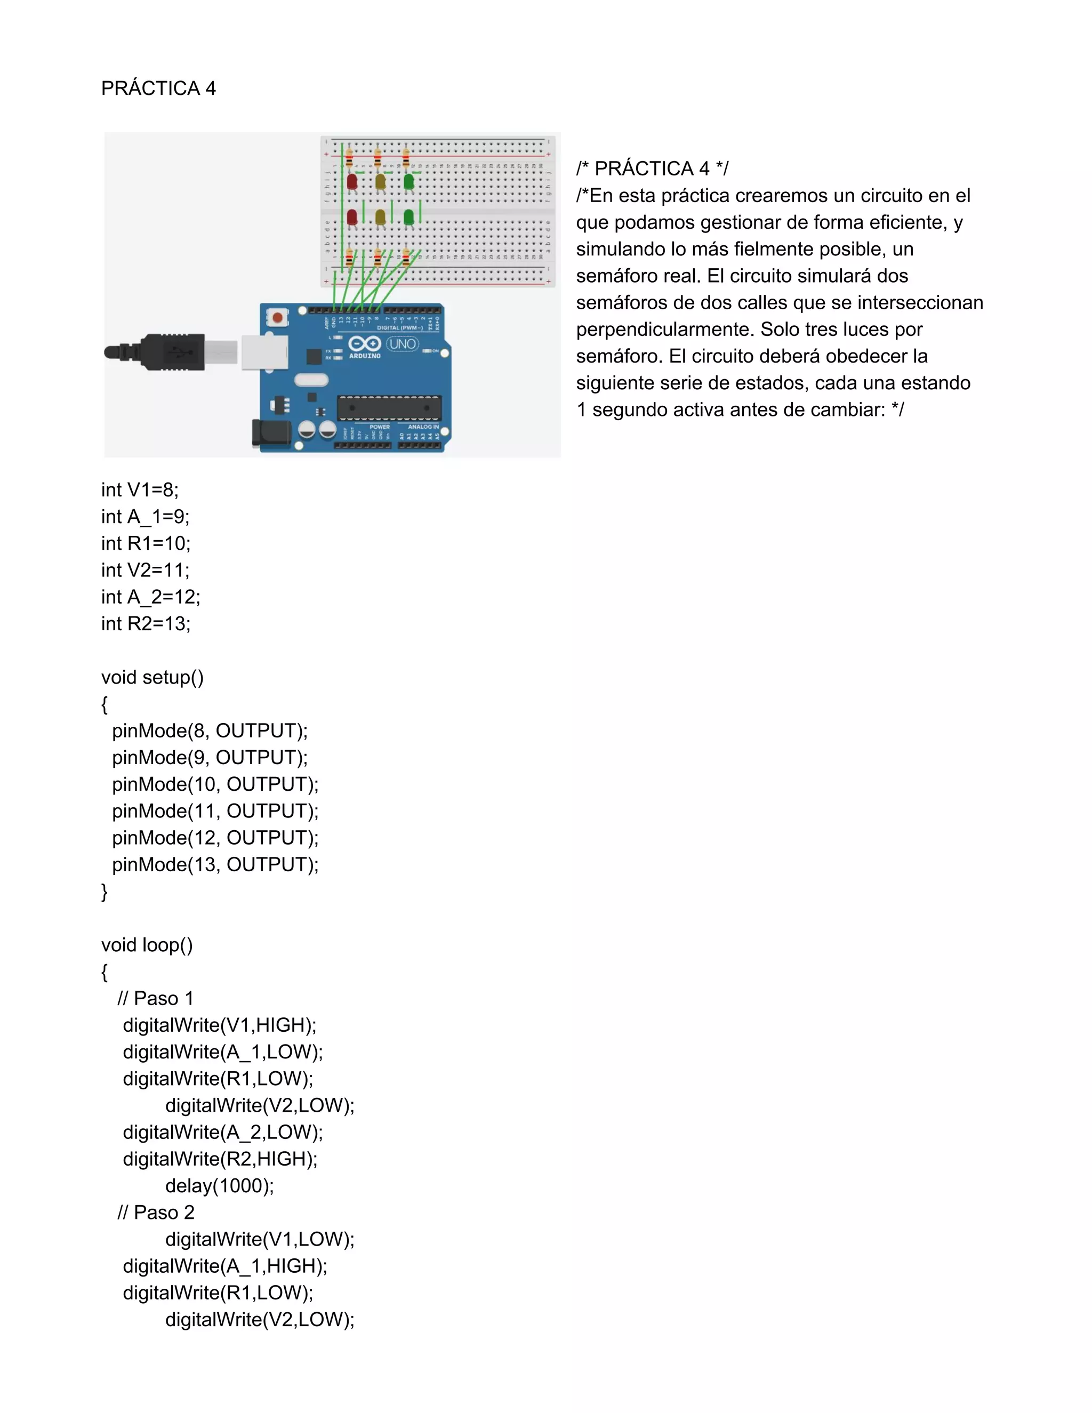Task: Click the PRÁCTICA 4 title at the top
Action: (x=158, y=88)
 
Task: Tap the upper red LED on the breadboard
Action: (x=352, y=182)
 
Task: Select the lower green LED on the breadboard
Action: (x=409, y=218)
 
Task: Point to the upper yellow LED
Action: (x=380, y=182)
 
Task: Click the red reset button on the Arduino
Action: (x=277, y=318)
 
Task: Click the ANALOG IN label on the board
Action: (x=423, y=427)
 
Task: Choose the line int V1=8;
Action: (x=140, y=490)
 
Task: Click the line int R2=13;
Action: (x=146, y=624)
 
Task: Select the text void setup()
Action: (x=152, y=677)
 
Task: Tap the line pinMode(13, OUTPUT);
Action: (x=215, y=864)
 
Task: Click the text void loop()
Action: (x=147, y=945)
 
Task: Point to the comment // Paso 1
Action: (x=155, y=998)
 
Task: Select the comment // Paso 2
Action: (x=155, y=1213)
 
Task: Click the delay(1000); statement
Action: (x=219, y=1185)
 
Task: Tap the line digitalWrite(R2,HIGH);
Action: (x=220, y=1159)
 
